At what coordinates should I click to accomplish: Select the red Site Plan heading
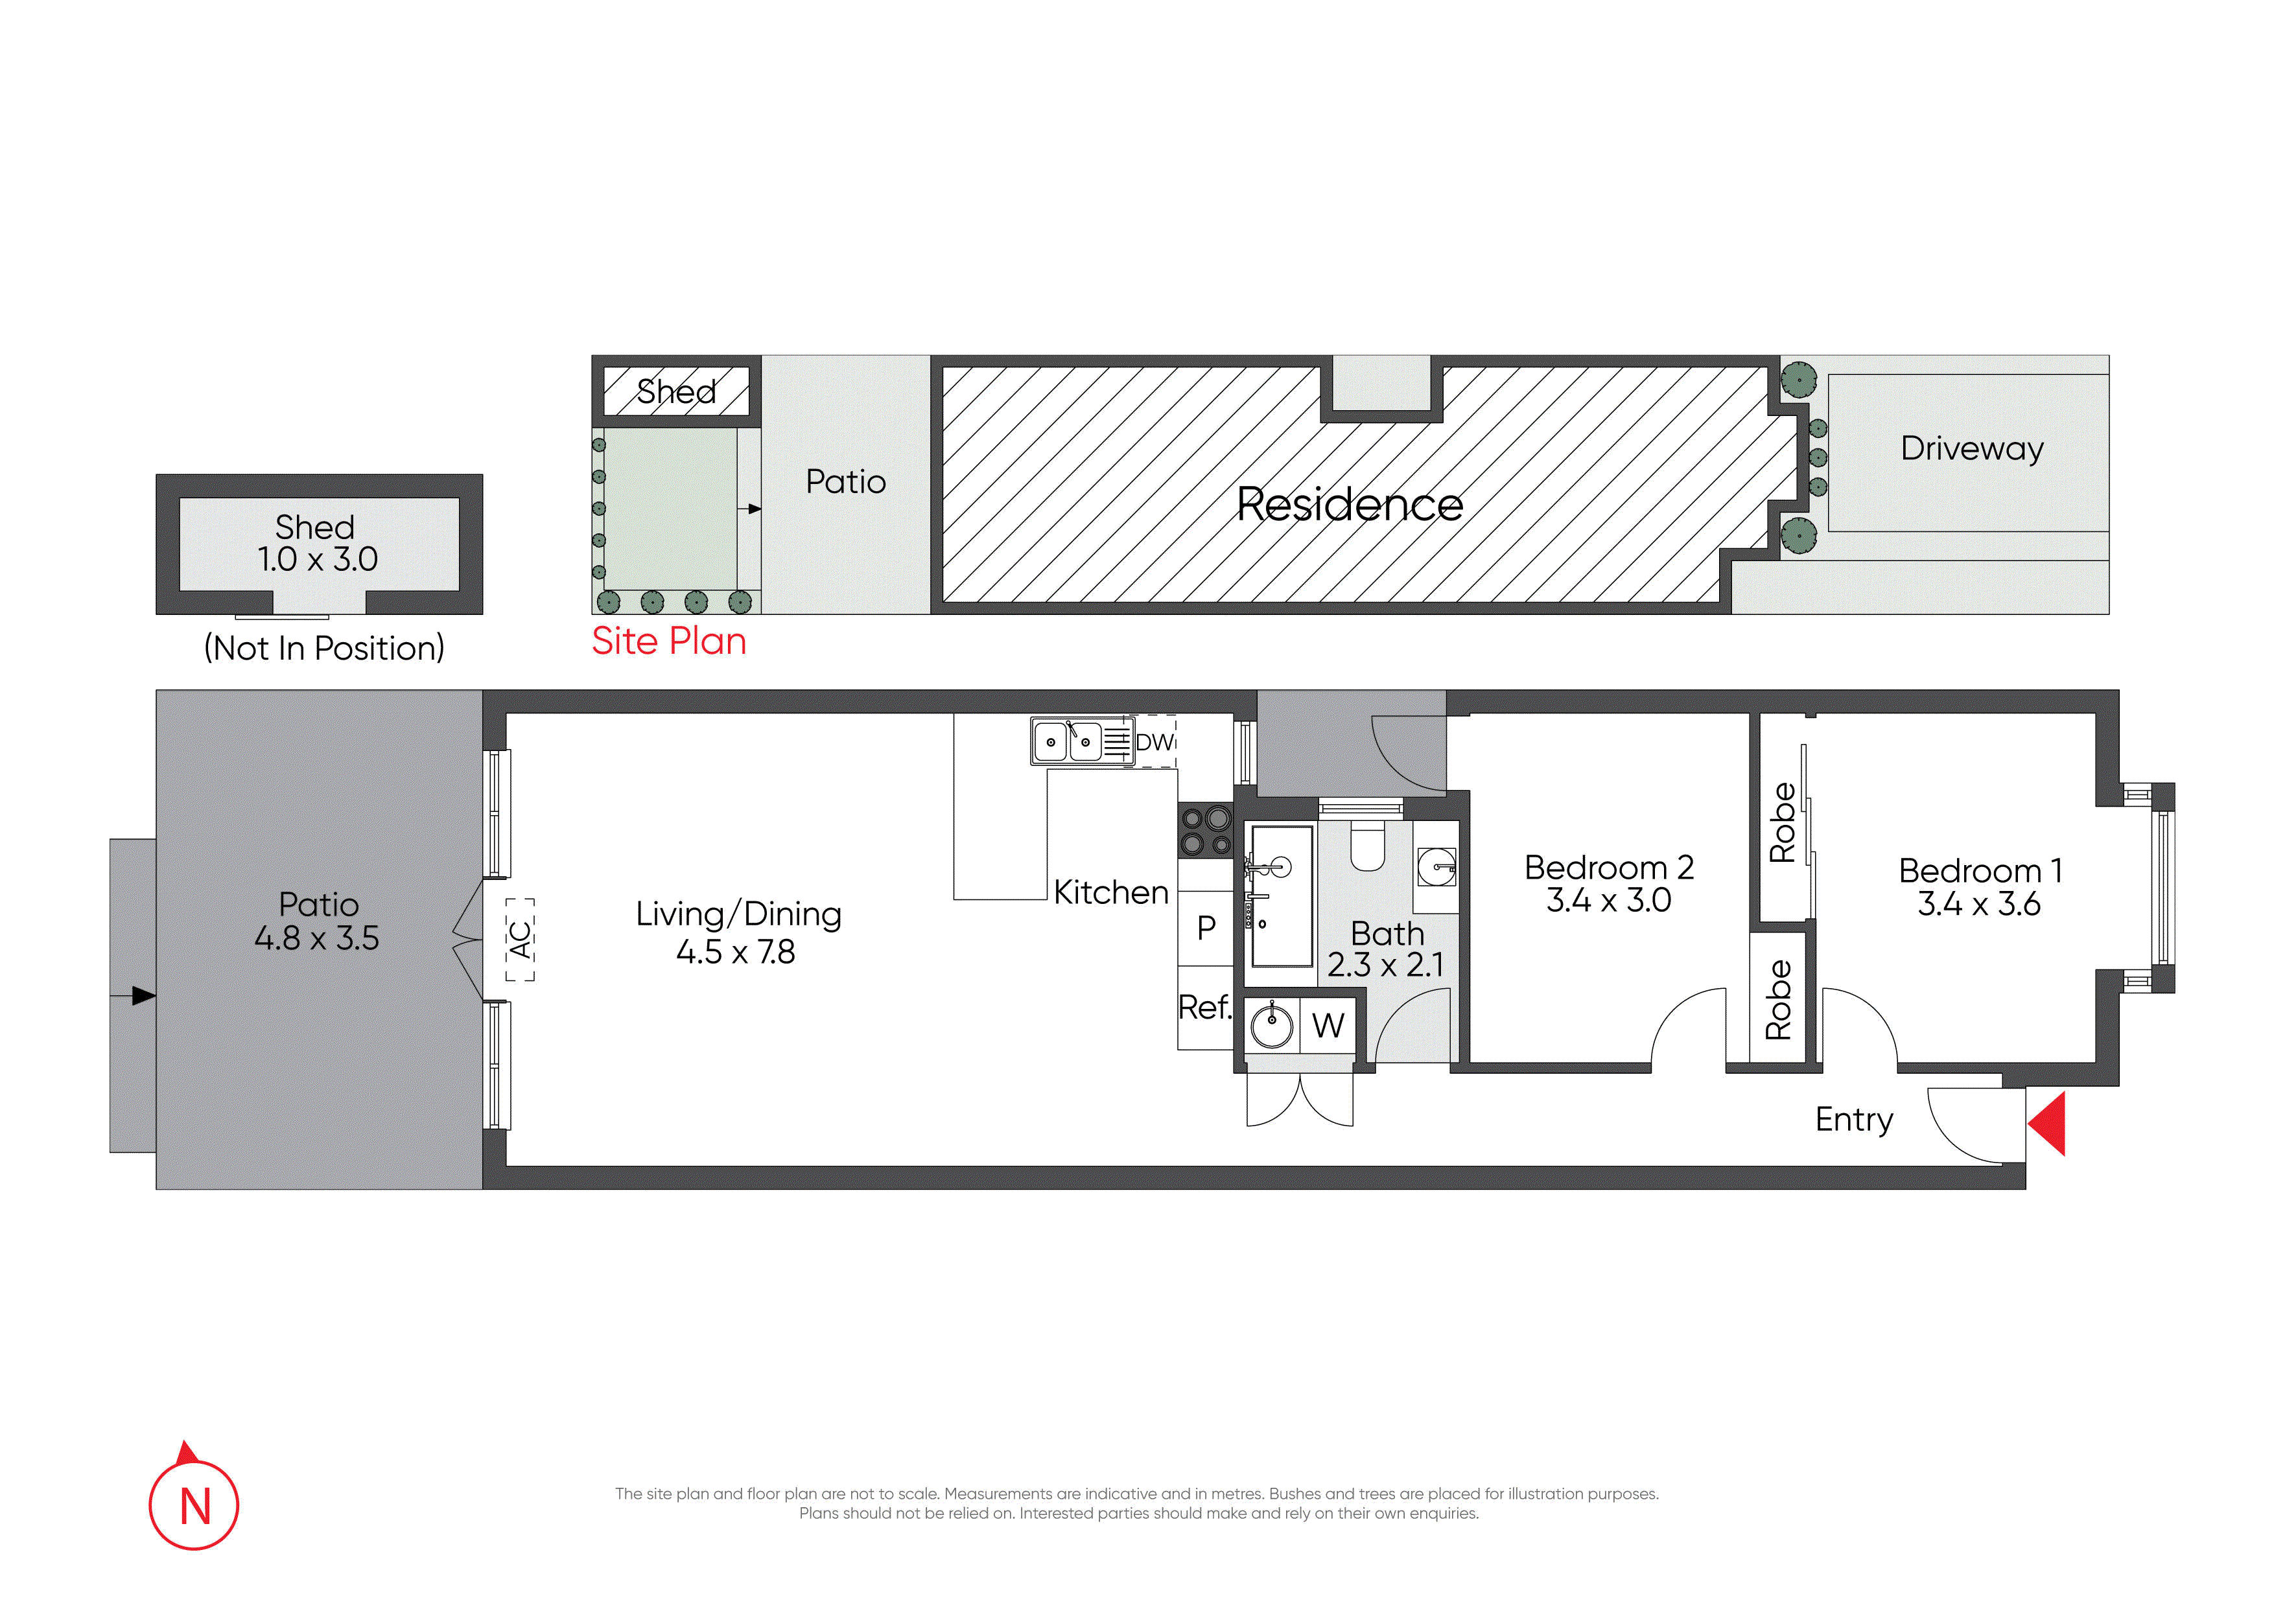point(668,642)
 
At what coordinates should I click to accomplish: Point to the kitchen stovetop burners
point(1205,831)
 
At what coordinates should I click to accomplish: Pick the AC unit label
point(520,940)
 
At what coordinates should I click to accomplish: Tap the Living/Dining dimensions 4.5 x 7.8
point(735,951)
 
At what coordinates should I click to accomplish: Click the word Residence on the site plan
point(1349,505)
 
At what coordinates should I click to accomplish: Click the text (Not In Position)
point(324,649)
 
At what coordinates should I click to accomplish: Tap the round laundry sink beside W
point(1272,1025)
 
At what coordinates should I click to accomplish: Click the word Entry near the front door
point(1854,1120)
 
